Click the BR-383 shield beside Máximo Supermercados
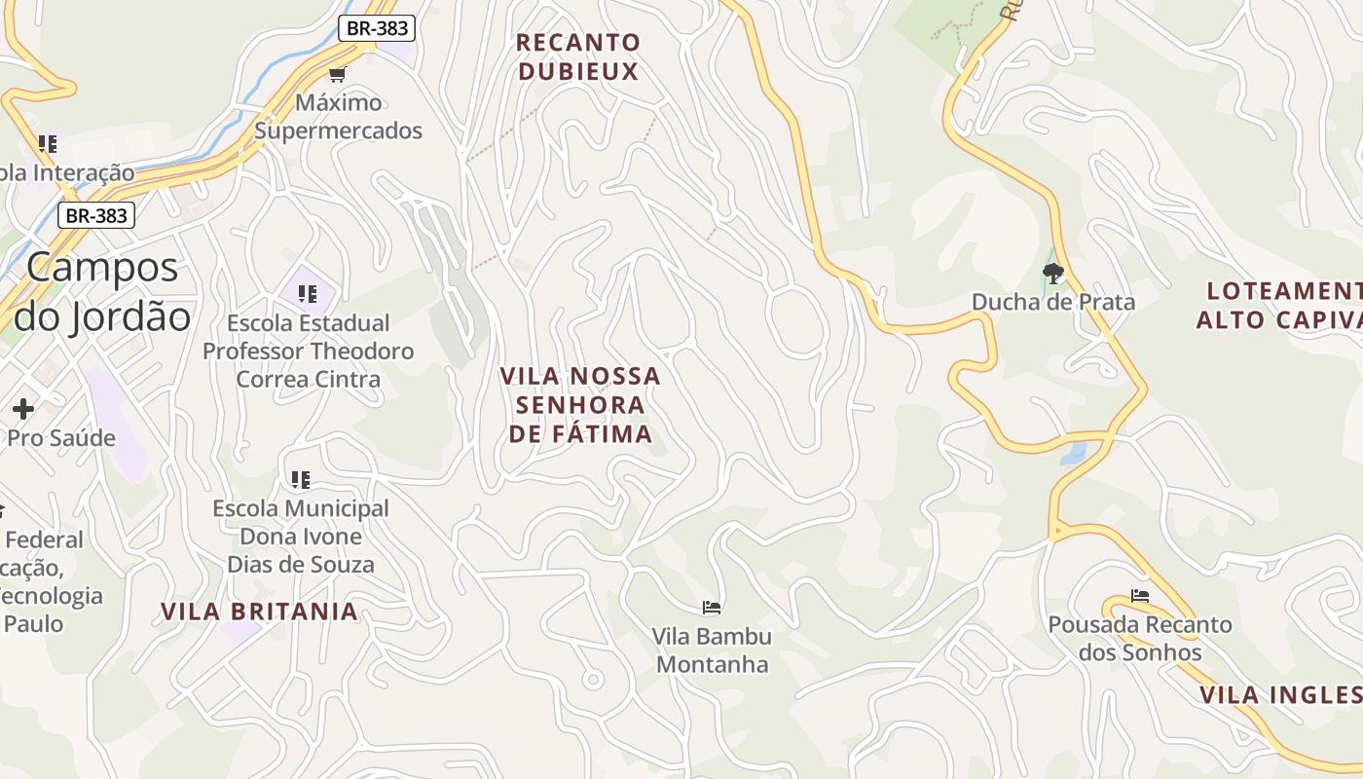coord(378,28)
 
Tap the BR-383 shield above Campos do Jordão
coord(95,215)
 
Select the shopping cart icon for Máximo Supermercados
coord(338,74)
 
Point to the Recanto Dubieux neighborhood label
coord(578,56)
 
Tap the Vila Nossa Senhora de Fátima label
coord(580,404)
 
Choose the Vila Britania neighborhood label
coord(259,612)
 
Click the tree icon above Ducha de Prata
coord(1052,273)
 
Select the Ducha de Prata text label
coord(1053,302)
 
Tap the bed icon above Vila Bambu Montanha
coord(712,608)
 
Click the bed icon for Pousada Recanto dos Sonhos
coord(1140,596)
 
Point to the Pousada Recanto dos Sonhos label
coord(1140,638)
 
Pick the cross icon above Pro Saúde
coord(23,409)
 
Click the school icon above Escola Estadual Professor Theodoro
coord(308,294)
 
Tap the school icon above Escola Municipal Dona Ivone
coord(301,479)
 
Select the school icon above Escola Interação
coord(48,144)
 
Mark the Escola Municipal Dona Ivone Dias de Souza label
coord(301,537)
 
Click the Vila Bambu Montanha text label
coord(712,650)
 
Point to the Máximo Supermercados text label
coord(339,116)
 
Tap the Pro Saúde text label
coord(60,438)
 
